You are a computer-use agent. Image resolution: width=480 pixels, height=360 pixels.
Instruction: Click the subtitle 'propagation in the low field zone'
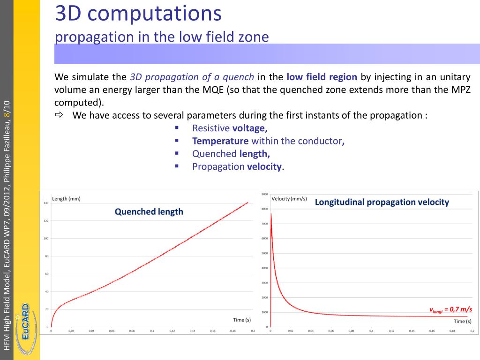pyautogui.click(x=162, y=37)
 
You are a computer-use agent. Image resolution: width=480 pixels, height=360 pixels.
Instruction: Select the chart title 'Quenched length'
pyautogui.click(x=149, y=211)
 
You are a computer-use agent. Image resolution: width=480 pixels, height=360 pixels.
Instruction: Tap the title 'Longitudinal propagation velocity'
pyautogui.click(x=382, y=202)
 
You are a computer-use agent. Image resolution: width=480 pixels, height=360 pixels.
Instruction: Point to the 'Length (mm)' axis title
pyautogui.click(x=66, y=198)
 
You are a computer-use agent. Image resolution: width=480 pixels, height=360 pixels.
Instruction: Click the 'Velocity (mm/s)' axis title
pyautogui.click(x=289, y=198)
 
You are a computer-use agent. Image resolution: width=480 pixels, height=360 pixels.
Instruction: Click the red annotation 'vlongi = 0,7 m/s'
pyautogui.click(x=451, y=309)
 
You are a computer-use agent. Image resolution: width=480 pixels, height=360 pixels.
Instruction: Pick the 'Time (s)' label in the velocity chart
pyautogui.click(x=462, y=321)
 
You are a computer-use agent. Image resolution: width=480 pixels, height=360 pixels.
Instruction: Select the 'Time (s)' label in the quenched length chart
pyautogui.click(x=242, y=320)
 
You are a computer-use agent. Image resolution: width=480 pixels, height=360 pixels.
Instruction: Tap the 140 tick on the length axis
pyautogui.click(x=46, y=203)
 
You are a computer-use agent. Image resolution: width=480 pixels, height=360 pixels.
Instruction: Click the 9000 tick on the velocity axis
pyautogui.click(x=264, y=194)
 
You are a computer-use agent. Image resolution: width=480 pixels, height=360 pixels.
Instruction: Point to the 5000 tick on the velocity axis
pyautogui.click(x=264, y=253)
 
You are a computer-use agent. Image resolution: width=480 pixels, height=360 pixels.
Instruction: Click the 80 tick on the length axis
pyautogui.click(x=46, y=256)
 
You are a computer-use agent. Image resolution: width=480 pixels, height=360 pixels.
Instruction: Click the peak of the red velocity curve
pyautogui.click(x=271, y=214)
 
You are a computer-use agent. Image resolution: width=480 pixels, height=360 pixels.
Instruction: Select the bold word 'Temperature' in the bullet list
pyautogui.click(x=220, y=141)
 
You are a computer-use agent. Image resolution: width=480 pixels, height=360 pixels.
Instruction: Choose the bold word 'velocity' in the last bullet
pyautogui.click(x=264, y=166)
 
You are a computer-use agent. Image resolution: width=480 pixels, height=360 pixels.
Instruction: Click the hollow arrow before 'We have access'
pyautogui.click(x=59, y=115)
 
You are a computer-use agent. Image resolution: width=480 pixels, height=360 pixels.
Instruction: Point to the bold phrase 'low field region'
pyautogui.click(x=322, y=77)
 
